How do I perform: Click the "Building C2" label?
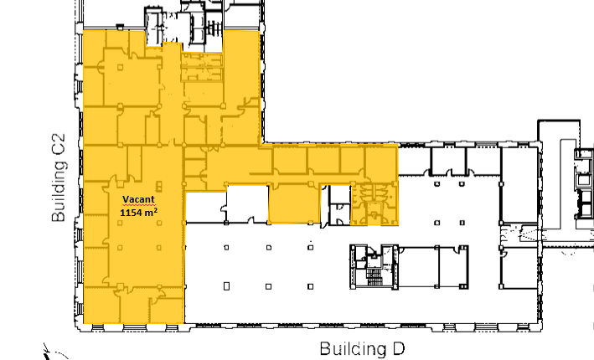click(59, 177)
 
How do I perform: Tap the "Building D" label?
click(362, 349)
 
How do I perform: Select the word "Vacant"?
click(138, 199)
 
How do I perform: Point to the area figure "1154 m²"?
click(138, 212)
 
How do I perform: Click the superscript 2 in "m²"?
click(156, 209)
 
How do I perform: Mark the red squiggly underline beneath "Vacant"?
click(138, 205)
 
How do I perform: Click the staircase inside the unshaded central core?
click(374, 277)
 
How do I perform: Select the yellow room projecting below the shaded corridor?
click(294, 203)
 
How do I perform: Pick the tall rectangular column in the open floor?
click(226, 286)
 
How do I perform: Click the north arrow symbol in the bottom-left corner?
click(52, 352)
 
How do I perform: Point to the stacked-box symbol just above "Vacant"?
click(159, 186)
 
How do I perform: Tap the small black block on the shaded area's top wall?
click(120, 27)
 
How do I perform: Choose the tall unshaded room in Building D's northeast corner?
click(519, 185)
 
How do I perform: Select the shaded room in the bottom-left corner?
click(101, 305)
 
